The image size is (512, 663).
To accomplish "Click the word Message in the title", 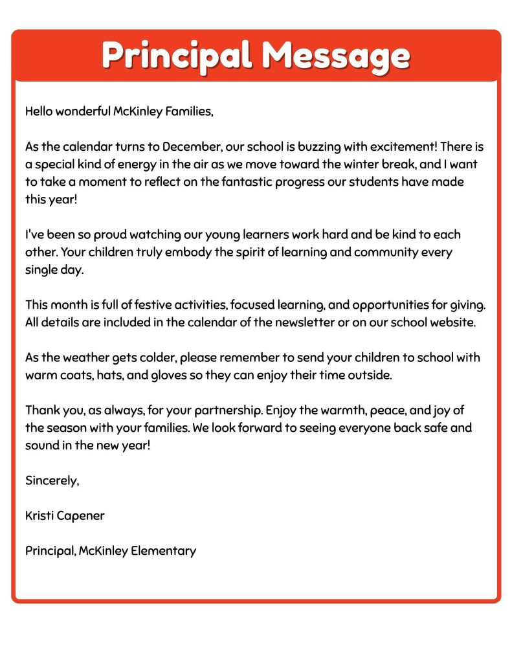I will point(335,56).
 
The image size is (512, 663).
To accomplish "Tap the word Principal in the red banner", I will point(176,56).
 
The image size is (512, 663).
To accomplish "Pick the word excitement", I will point(389,146).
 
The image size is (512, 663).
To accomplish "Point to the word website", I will point(451,322).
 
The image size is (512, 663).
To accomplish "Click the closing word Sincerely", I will point(52,480).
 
